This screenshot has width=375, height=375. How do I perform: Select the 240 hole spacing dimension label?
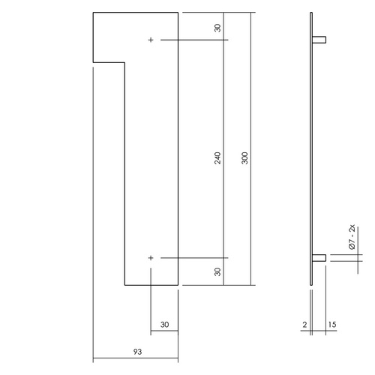tap(217, 158)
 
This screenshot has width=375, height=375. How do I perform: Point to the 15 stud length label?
tap(331, 325)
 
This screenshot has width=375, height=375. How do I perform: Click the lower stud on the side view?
tap(320, 258)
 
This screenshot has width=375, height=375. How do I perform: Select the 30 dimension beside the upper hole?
tap(217, 28)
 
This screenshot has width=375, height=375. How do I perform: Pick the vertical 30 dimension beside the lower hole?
tap(217, 271)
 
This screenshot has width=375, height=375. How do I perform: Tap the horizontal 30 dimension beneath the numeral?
tap(165, 325)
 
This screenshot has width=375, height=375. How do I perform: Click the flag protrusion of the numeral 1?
tap(107, 37)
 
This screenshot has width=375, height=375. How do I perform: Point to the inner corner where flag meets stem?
tap(123, 64)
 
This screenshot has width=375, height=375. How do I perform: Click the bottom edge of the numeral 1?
tap(151, 285)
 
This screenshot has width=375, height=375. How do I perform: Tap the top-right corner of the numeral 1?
tap(179, 13)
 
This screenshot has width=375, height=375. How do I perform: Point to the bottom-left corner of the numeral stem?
tap(124, 285)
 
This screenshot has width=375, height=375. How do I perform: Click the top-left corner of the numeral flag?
tap(93, 13)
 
